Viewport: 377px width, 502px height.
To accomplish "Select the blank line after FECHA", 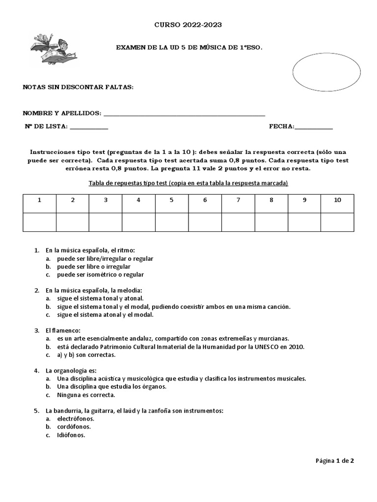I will (x=314, y=127).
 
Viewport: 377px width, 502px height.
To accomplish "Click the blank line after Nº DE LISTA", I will (x=89, y=127).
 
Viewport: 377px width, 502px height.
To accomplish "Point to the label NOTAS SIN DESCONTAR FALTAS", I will (x=78, y=87).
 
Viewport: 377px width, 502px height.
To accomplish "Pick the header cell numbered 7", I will (x=238, y=200).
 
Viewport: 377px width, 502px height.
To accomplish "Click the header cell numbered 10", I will (x=337, y=200).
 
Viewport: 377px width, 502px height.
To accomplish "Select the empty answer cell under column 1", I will (x=39, y=222).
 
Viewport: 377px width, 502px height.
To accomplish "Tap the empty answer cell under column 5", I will (x=172, y=222).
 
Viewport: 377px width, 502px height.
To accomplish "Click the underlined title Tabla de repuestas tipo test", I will (x=188, y=183).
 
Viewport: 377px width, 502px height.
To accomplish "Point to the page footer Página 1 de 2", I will (x=334, y=461).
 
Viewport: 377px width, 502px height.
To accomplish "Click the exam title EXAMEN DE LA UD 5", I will (x=188, y=48).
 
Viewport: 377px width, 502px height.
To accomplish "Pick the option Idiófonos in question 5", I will (x=71, y=435).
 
